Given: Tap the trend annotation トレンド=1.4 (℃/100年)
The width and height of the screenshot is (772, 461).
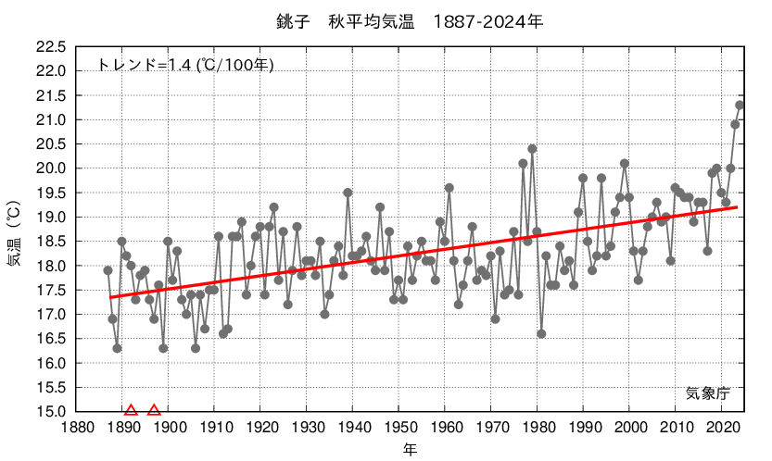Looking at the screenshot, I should tap(185, 65).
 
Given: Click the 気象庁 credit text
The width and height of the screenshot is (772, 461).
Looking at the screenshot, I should tap(708, 392).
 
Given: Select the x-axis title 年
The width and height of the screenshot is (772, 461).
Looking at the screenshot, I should tap(409, 450).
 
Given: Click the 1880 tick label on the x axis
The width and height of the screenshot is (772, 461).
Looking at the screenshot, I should tap(76, 429).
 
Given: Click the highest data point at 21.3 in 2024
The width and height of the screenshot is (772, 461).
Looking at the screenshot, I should tap(740, 105).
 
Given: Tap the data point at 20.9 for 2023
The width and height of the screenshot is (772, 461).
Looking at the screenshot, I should tap(735, 124).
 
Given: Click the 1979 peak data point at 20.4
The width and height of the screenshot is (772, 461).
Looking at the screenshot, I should tap(532, 148).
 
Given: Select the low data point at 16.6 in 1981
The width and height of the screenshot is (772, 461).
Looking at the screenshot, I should tap(541, 333).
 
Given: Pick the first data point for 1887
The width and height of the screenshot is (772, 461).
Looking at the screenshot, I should tap(108, 270).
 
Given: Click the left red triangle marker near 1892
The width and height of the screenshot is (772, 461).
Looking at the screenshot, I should tap(131, 410).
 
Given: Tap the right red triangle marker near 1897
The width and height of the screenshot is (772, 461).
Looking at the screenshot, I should tap(154, 410).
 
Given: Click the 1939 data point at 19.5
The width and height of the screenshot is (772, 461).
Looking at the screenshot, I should tap(348, 193).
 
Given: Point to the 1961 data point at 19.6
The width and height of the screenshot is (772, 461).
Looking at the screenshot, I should tap(449, 187).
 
